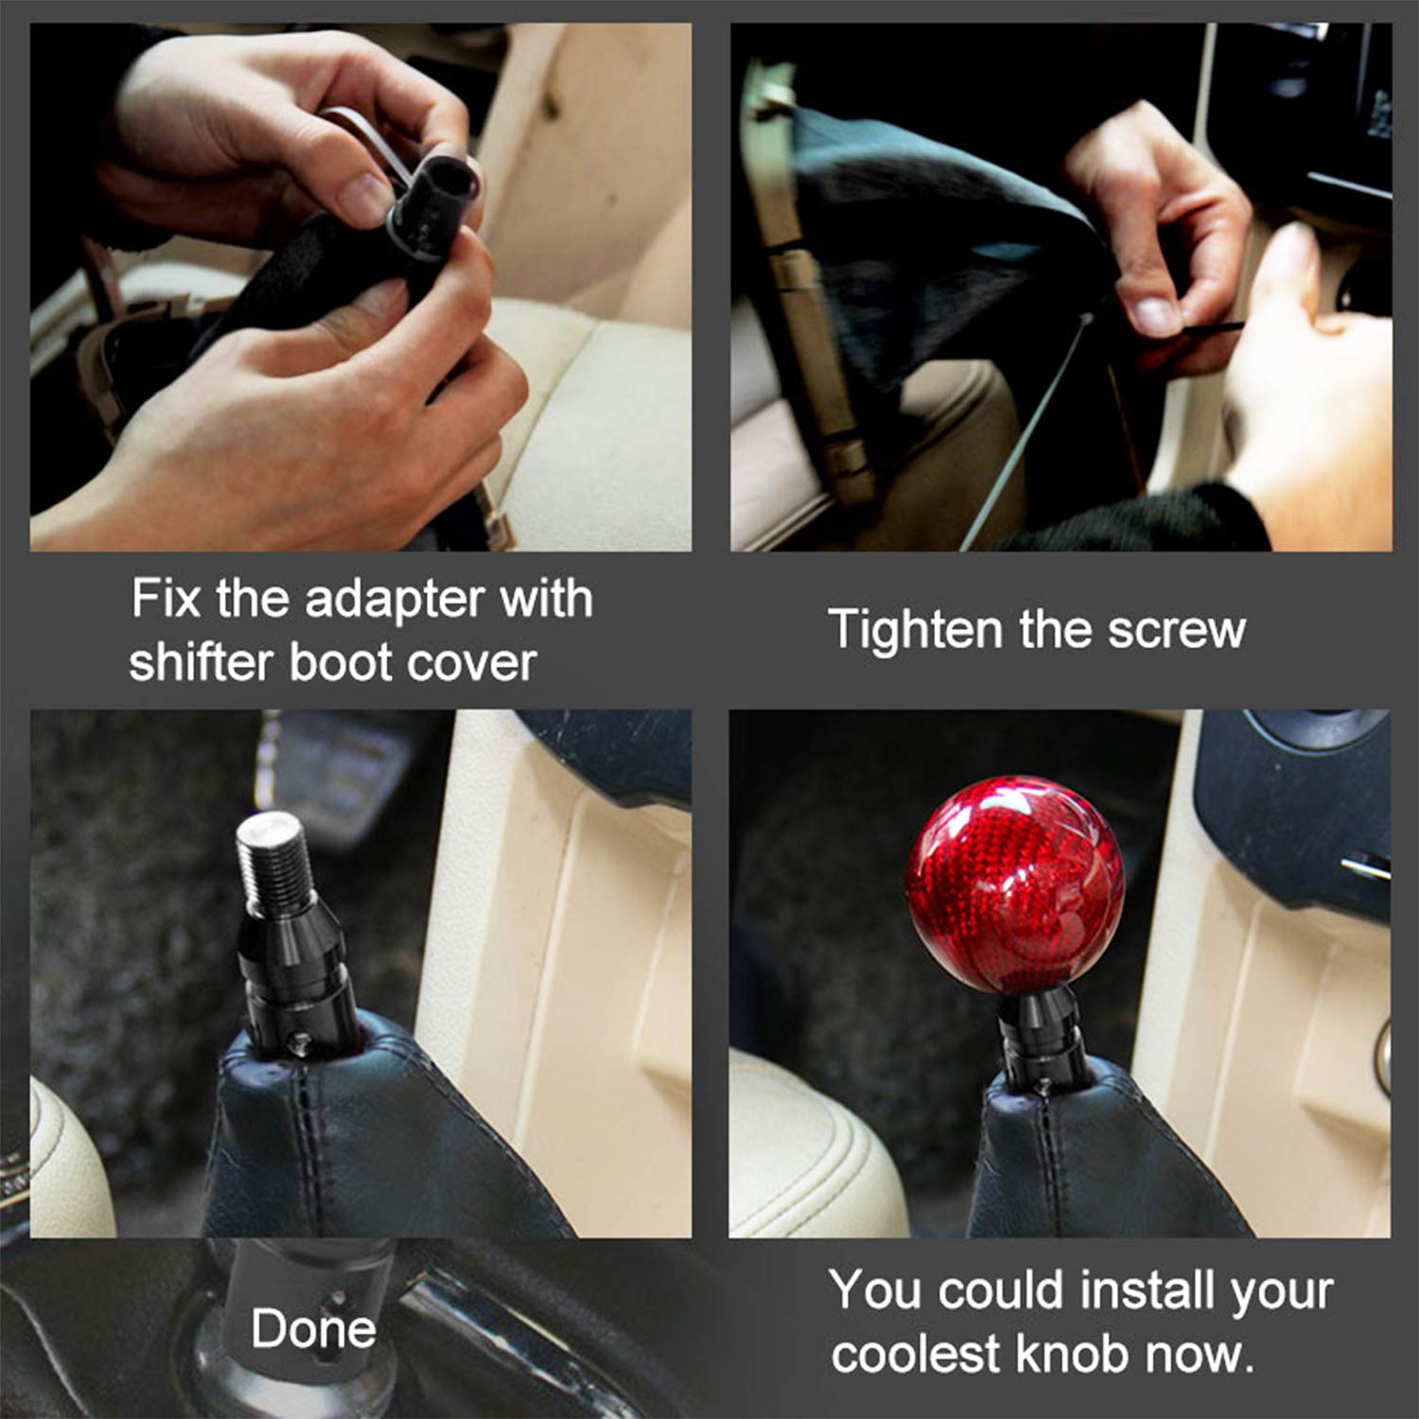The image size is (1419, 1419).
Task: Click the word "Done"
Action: click(x=313, y=1328)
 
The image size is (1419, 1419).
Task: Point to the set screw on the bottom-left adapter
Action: click(x=300, y=1042)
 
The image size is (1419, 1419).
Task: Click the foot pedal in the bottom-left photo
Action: click(x=345, y=766)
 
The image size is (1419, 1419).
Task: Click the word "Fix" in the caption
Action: click(x=164, y=601)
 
